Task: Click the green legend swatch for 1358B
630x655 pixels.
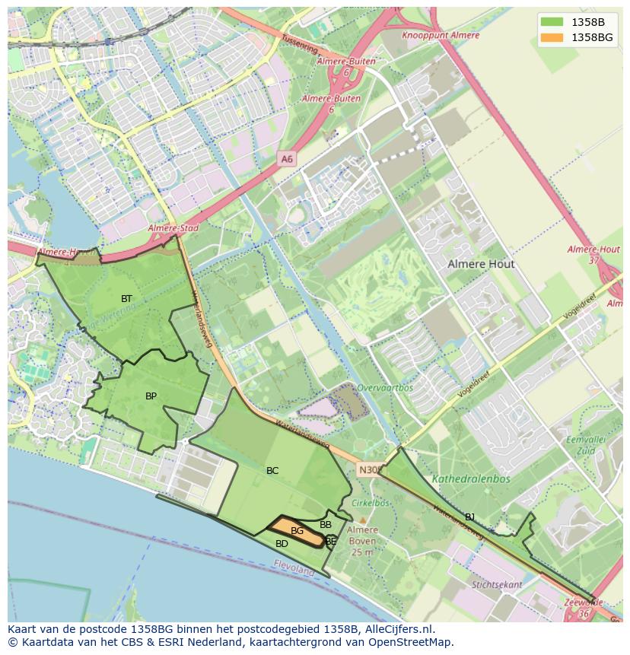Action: (552, 21)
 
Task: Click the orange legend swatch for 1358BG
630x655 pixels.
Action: (552, 37)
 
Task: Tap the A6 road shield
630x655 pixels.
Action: (286, 159)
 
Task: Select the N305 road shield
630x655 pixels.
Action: (368, 470)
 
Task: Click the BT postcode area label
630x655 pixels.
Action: (126, 298)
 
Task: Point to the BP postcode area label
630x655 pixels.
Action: (151, 396)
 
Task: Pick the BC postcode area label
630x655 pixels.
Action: (272, 471)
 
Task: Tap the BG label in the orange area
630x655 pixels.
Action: (297, 530)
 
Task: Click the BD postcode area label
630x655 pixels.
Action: (282, 544)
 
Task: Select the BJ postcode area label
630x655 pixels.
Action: (470, 517)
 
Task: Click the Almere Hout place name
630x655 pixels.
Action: (481, 264)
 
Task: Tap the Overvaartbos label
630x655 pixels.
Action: (385, 387)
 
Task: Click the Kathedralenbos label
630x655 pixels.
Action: (471, 479)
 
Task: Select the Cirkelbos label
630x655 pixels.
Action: (370, 503)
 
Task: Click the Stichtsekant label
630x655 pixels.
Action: (497, 585)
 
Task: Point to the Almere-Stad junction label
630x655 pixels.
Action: (173, 227)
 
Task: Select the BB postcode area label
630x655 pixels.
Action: (326, 525)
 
